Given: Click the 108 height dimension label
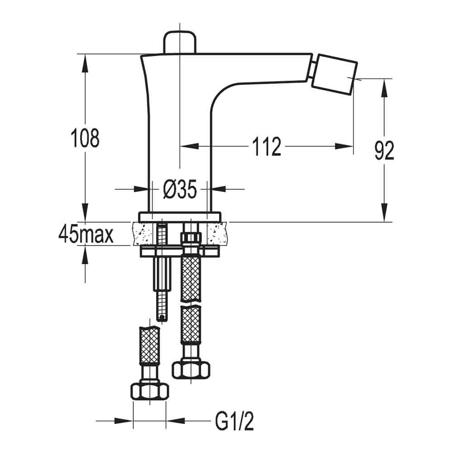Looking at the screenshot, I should coord(85,138).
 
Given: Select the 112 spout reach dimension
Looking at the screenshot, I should coord(266,146).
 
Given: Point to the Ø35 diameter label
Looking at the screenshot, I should coord(179,191).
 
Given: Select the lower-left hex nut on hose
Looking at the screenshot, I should coord(149,390).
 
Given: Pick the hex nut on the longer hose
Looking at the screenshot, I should coord(191,369).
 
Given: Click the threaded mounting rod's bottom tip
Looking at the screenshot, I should coord(163,318).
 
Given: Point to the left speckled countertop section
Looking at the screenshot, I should coord(145,233).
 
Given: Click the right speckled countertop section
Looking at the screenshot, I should coord(213,233).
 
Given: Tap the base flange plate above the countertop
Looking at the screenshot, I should coord(180,216).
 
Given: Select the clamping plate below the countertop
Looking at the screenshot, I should coord(180,251).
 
